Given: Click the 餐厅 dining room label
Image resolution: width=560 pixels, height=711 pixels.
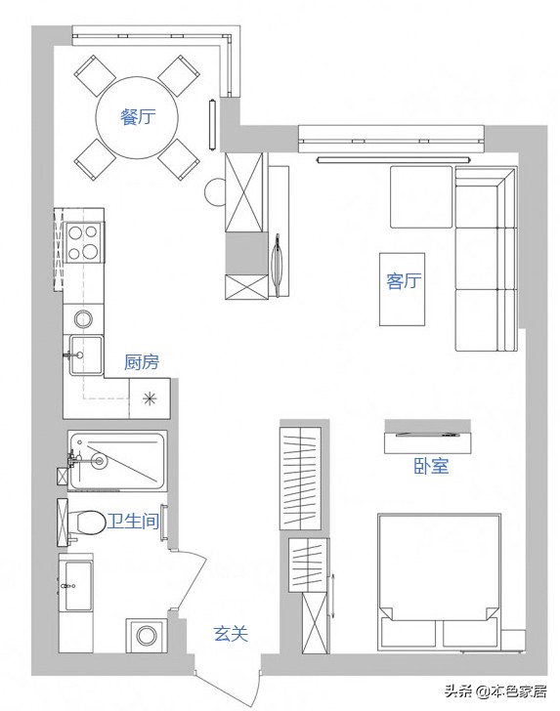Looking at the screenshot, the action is click(138, 117).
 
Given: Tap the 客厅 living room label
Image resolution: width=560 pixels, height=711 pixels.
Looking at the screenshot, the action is click(404, 280).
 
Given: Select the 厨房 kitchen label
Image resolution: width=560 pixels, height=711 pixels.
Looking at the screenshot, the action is click(142, 362).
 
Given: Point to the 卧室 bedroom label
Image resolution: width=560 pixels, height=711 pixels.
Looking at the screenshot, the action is click(431, 466).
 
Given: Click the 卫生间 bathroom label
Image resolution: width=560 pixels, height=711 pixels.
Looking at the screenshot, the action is click(133, 522).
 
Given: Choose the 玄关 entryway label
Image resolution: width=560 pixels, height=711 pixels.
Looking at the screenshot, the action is click(231, 634).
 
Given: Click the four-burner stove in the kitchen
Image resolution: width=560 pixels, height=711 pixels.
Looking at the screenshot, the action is click(83, 242).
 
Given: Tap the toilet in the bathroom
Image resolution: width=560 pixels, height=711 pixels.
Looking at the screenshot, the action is click(84, 523).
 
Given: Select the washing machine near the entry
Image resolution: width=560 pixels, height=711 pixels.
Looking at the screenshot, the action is click(147, 635).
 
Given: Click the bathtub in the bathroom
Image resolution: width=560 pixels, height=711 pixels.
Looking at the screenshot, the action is click(117, 461).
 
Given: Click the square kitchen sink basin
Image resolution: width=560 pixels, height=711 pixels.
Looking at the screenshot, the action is click(86, 355).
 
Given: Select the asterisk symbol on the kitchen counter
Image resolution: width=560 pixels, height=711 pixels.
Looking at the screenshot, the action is click(150, 399).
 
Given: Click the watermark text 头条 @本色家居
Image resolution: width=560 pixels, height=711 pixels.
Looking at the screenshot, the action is click(495, 690).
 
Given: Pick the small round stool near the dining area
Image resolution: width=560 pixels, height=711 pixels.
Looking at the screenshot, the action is click(215, 192).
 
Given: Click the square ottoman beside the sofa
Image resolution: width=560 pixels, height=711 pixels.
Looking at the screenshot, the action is click(421, 197).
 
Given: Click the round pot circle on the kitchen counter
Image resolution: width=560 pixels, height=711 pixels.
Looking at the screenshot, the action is click(83, 318).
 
